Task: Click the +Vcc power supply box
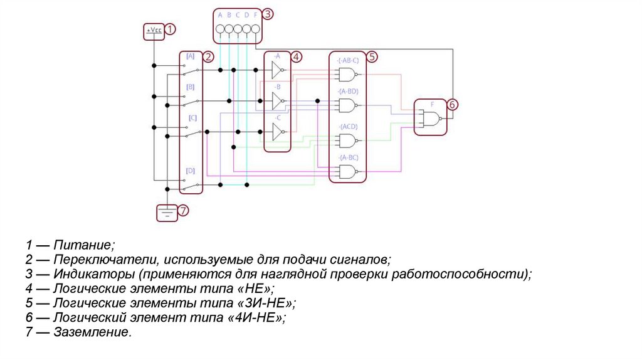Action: click(154, 30)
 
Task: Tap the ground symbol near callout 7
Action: click(166, 213)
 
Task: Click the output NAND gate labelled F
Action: click(430, 118)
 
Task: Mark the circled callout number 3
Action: click(267, 13)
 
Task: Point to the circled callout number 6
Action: click(453, 104)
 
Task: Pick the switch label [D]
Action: click(190, 171)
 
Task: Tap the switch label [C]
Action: click(192, 117)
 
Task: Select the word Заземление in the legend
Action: click(92, 332)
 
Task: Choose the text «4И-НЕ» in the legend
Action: click(260, 318)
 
